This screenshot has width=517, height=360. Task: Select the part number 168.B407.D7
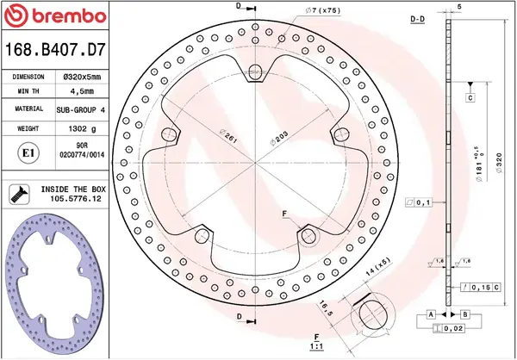(x=56, y=51)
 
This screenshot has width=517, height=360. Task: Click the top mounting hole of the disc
(x=256, y=71)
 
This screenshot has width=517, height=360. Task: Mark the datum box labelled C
(x=471, y=96)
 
